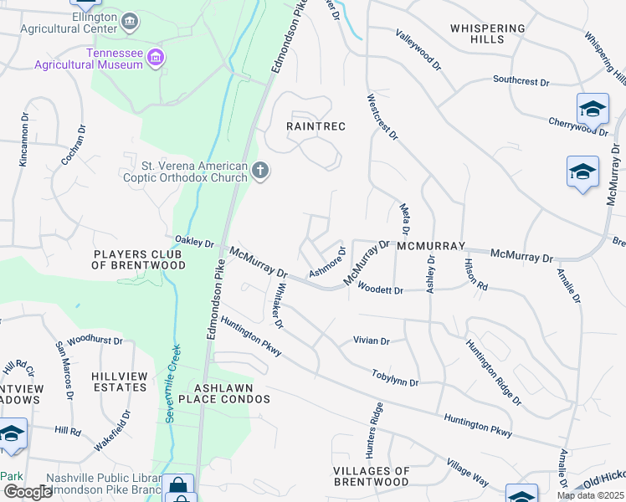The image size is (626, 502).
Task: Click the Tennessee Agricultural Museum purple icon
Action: coord(155,57)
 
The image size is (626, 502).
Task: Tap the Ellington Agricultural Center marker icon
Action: coord(130,20)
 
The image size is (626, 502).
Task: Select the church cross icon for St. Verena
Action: coord(260,172)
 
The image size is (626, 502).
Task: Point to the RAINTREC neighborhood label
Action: coord(316,125)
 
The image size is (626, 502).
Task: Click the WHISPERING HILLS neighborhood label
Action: coord(487,33)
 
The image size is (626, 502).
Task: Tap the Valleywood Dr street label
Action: coord(418,49)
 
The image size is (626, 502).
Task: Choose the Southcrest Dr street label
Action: coord(521,82)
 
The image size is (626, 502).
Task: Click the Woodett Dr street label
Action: coord(380,289)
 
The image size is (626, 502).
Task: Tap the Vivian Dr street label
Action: coord(372,341)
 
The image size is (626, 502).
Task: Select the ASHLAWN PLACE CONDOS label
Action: coord(232,393)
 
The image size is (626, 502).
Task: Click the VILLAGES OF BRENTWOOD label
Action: coord(371,476)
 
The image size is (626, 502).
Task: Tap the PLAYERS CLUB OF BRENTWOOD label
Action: coord(139,259)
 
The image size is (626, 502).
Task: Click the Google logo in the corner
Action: coord(28,492)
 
